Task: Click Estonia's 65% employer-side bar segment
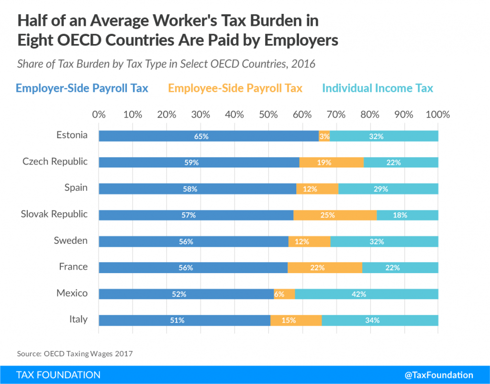[208, 136]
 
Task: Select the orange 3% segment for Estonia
[324, 136]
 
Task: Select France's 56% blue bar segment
[193, 268]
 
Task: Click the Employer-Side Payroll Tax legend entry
[82, 88]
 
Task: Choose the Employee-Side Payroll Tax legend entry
[235, 88]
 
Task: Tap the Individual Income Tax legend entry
[378, 88]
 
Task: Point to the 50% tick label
[268, 115]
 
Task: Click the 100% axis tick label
[437, 115]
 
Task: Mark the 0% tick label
[99, 115]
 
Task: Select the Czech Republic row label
[55, 161]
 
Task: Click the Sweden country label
[72, 240]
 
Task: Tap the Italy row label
[78, 319]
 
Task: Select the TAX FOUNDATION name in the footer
[58, 375]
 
